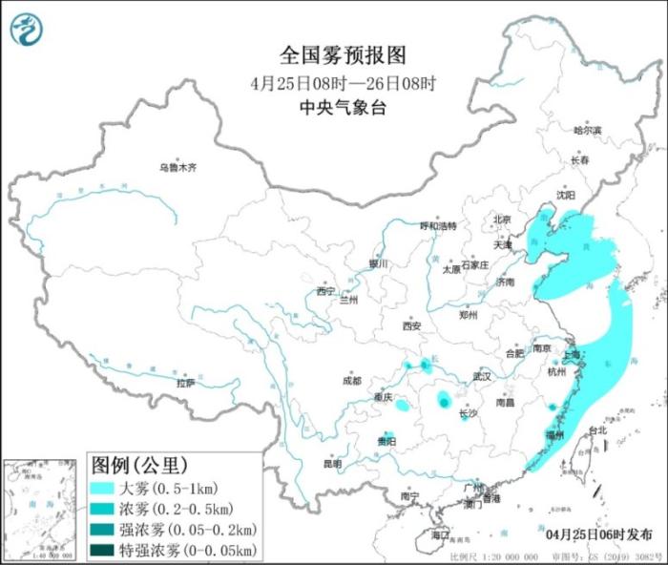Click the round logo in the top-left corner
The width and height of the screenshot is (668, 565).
[27, 30]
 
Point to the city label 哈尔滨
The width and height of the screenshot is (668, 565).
[587, 130]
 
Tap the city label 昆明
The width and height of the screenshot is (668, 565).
[331, 464]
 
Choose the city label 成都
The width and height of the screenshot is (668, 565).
[351, 381]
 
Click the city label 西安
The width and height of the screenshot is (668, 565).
[411, 325]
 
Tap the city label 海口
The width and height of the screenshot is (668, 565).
[439, 535]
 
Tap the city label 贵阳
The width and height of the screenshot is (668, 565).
[386, 441]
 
